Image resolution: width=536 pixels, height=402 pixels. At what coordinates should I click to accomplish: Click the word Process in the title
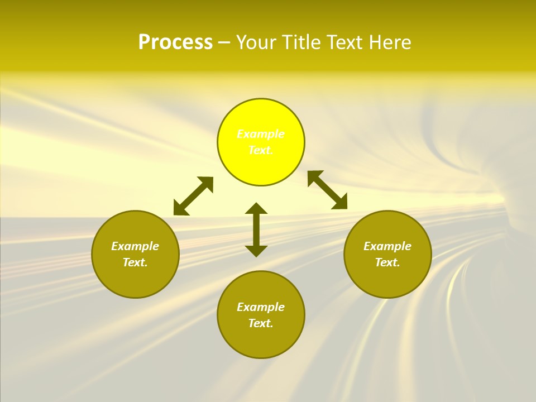click(x=175, y=42)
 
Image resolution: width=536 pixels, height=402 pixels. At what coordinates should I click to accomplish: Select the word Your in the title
click(x=258, y=42)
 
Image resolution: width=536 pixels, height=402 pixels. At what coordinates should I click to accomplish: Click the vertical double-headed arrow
click(x=256, y=229)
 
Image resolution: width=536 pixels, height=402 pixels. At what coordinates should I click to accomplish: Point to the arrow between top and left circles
click(x=193, y=196)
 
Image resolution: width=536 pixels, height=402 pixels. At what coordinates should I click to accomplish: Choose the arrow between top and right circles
click(x=327, y=190)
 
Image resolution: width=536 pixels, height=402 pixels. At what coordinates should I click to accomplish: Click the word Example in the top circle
click(x=261, y=134)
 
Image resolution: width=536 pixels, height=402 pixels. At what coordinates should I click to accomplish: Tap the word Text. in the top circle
click(x=261, y=150)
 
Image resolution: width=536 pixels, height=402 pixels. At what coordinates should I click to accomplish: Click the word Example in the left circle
click(x=135, y=246)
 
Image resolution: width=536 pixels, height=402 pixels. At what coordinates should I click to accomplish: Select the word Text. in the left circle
click(x=135, y=262)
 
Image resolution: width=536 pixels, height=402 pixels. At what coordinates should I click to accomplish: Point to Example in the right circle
click(x=387, y=246)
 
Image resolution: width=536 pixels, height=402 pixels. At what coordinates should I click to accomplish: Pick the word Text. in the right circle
click(x=387, y=262)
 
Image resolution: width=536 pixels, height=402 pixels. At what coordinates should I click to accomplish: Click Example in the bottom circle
click(x=261, y=307)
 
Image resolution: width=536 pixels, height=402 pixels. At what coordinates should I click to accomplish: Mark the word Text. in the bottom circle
click(x=261, y=323)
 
